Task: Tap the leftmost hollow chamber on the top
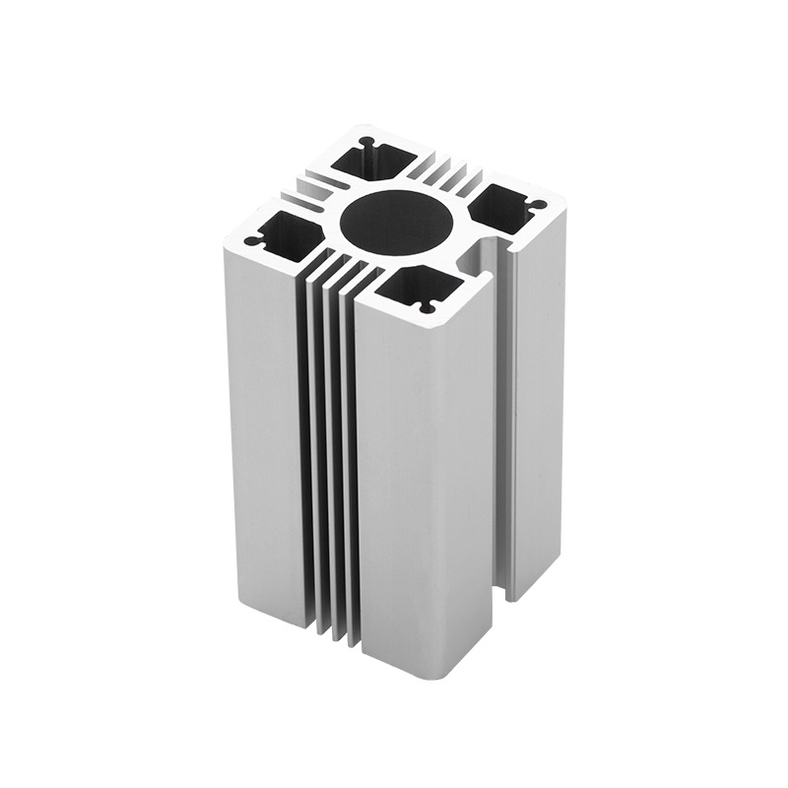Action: click(287, 232)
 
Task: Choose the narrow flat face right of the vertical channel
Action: click(537, 414)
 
